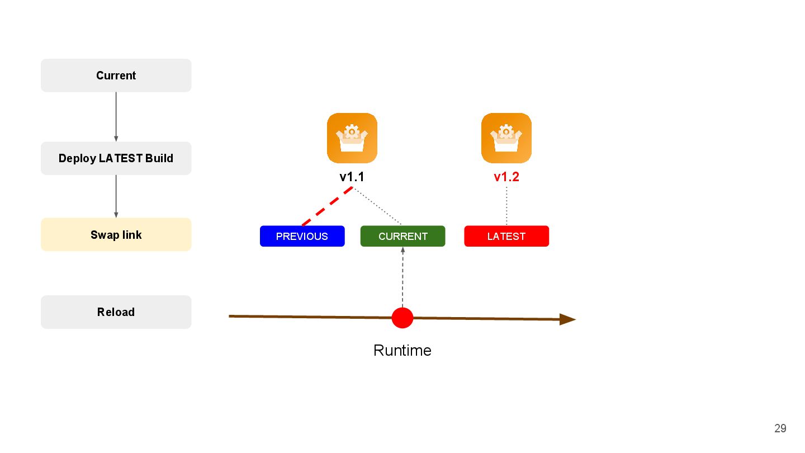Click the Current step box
tap(116, 75)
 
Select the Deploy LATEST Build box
tap(116, 158)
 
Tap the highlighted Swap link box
tap(116, 235)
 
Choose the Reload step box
tap(116, 312)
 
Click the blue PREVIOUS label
tap(302, 236)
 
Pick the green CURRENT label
tap(402, 236)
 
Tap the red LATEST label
tap(506, 236)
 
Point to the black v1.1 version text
tap(352, 177)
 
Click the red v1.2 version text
tap(506, 177)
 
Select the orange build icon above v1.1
tap(352, 138)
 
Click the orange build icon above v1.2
tap(506, 138)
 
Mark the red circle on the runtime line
tap(402, 318)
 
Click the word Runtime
tap(402, 351)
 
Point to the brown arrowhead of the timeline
tap(568, 319)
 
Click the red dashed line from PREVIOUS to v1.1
tap(327, 206)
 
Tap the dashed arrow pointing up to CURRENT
tap(402, 277)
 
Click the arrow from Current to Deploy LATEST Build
tap(116, 116)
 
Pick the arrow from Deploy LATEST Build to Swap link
tap(116, 196)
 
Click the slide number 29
tap(780, 428)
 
